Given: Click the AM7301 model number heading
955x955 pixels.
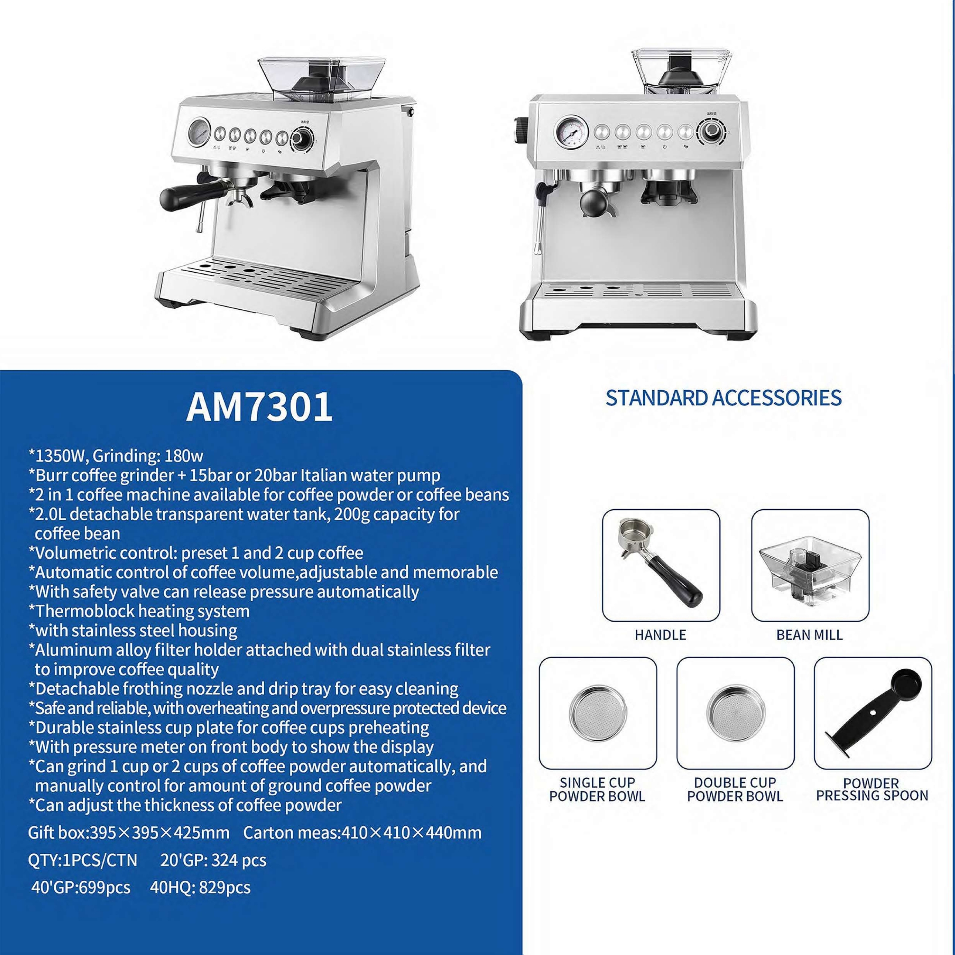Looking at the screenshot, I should click(259, 407).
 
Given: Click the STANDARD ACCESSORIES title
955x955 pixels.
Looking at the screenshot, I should click(723, 398).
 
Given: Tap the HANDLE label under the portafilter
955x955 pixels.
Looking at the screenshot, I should click(660, 635).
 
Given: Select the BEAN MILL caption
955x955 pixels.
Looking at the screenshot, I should click(809, 635).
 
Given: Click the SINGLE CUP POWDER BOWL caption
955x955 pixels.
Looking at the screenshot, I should click(597, 789).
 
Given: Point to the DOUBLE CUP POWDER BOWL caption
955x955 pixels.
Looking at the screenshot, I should click(735, 789).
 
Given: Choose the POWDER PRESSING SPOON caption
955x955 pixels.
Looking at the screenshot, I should click(872, 789).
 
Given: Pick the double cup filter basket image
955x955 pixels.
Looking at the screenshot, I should click(735, 712).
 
